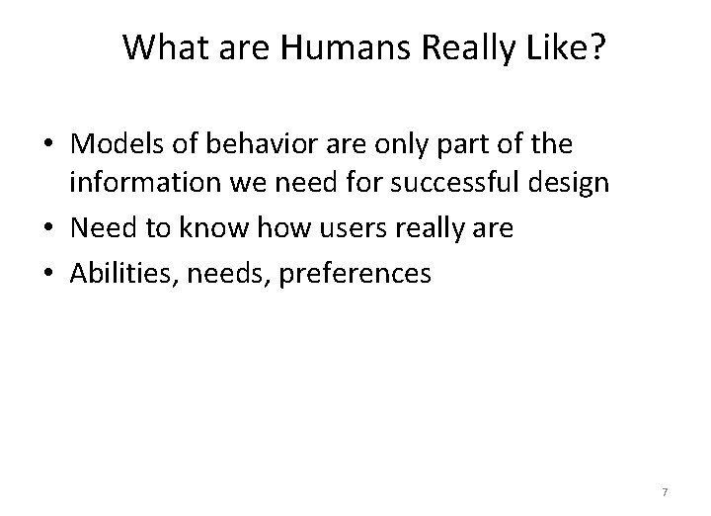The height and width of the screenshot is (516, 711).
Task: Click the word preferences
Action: (x=355, y=272)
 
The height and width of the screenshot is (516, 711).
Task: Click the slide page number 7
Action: (x=665, y=492)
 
